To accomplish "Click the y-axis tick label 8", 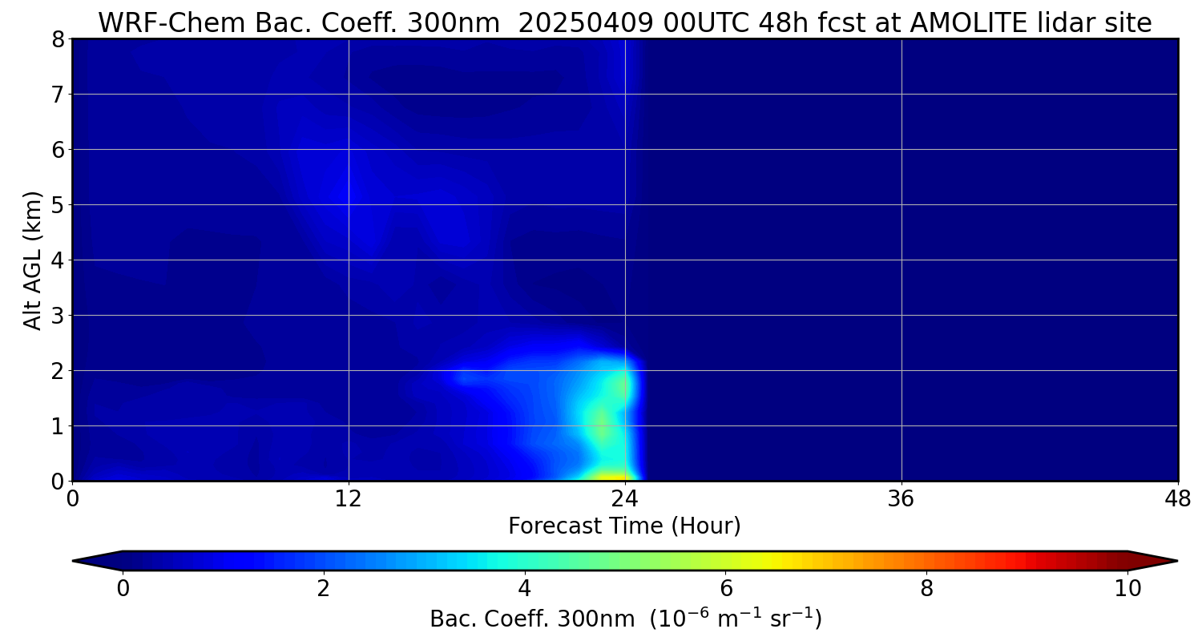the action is coord(58,39).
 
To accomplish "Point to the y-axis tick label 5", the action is coord(58,205).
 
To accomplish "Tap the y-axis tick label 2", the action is coord(58,371).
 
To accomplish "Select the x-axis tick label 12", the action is coord(349,499).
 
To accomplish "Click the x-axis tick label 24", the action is coord(625,499).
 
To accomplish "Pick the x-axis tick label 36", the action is coord(901,499).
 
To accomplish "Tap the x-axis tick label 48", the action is coord(1178,499).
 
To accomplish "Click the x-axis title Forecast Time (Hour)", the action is coord(624,526).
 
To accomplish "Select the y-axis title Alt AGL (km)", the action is coord(32,260).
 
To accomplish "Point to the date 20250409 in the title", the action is coord(586,23).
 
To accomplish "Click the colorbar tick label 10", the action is coord(1128,589).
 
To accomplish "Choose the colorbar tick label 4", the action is coord(524,589).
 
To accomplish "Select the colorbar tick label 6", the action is coord(725,589).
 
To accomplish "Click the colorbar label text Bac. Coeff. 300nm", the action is coord(532,619).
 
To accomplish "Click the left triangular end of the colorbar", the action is coord(98,561).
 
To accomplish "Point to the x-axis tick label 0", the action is coord(72,499).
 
